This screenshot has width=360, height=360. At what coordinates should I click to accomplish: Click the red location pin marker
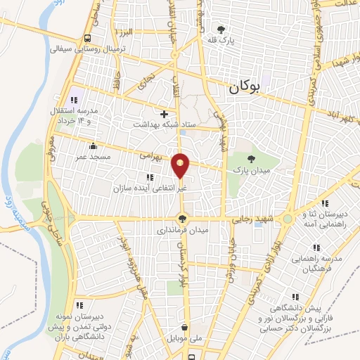(181, 166)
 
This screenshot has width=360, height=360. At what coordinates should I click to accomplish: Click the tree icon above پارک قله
(221, 30)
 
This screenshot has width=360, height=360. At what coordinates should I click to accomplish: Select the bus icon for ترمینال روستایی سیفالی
(87, 38)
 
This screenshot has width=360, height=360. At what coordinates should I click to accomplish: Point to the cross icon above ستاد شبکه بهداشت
(165, 113)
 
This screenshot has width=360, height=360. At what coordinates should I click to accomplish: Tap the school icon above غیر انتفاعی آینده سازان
(149, 176)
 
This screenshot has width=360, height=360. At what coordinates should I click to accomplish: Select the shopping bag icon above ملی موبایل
(184, 327)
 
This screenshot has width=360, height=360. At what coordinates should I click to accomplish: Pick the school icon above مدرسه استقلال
(75, 99)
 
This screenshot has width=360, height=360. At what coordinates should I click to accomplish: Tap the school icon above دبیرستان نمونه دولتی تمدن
(79, 305)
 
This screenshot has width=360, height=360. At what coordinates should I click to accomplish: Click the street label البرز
(125, 32)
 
